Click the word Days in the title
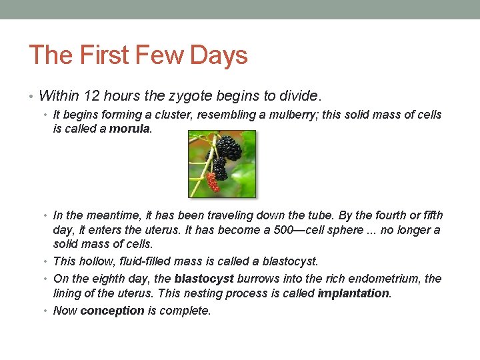tap(219, 55)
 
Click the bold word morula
tap(130, 129)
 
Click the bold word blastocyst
tap(204, 279)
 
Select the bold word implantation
tap(353, 293)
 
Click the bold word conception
tap(112, 311)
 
